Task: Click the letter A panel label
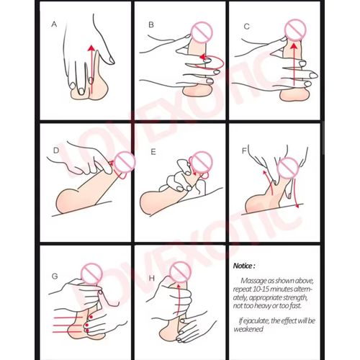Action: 54,24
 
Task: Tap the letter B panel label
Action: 151,24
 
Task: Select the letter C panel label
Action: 246,26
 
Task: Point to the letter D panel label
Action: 56,150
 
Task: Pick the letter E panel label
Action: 153,152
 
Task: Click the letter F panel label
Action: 244,150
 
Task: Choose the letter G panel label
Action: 55,276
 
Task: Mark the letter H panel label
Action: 152,278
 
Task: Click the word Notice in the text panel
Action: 243,266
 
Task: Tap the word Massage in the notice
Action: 254,281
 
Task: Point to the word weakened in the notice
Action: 248,329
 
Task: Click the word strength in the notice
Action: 293,297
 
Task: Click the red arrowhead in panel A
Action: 91,48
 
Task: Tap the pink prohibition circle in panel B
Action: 202,32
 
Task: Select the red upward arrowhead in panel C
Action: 293,45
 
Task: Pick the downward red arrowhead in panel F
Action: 297,206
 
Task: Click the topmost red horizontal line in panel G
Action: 68,318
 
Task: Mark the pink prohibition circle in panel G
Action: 91,274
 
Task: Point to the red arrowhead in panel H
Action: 179,285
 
